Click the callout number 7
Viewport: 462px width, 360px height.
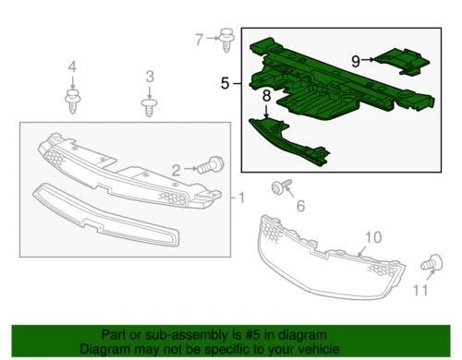coord(198,39)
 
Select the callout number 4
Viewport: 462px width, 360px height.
coord(73,66)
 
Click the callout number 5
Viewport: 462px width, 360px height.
coord(225,83)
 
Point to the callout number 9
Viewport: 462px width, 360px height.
coord(356,60)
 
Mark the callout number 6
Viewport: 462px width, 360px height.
coord(298,206)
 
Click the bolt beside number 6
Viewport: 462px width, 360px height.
coord(277,188)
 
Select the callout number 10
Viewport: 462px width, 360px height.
coord(371,238)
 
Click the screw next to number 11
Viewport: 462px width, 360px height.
coord(429,265)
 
